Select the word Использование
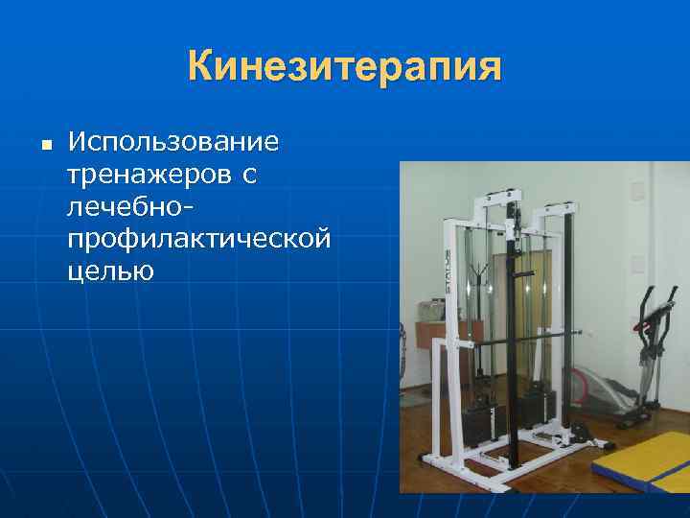tap(173, 143)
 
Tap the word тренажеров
tap(149, 175)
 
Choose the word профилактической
tap(200, 238)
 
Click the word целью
tap(111, 270)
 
